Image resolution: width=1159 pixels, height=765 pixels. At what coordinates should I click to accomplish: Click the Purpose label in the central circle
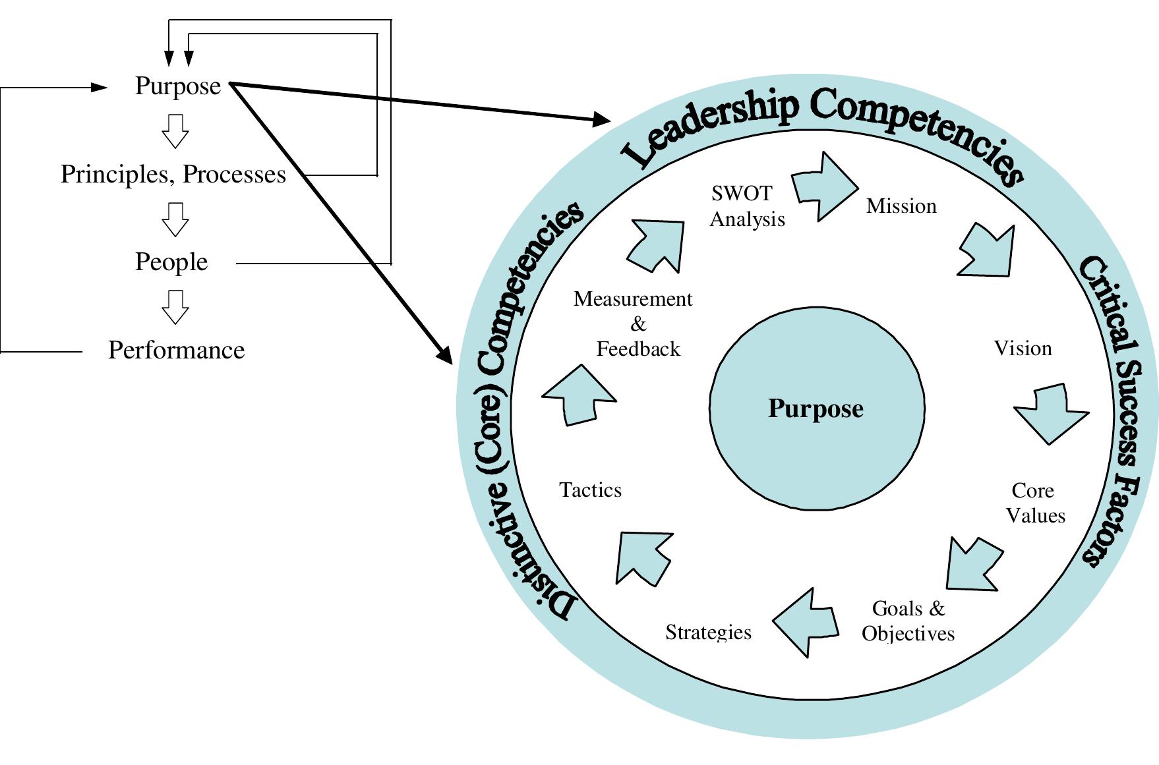pos(816,409)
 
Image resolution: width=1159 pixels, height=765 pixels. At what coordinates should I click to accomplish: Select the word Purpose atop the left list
pos(178,86)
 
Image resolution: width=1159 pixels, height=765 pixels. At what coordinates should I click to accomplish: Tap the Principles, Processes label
pos(173,174)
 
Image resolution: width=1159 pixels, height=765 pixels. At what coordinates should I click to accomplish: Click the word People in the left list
pos(171,262)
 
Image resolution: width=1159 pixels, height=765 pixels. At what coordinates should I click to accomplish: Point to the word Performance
pos(176,350)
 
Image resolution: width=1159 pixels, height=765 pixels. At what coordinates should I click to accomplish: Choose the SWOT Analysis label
pos(747,206)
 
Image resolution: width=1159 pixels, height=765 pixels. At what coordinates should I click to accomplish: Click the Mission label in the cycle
pos(901,206)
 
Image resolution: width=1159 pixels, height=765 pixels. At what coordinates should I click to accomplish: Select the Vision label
pos(1023,348)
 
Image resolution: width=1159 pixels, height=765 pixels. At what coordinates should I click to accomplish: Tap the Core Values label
pos(1034,503)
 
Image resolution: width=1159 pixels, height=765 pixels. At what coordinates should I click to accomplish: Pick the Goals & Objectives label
pos(908,620)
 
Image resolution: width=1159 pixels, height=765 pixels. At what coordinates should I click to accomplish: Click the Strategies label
pos(708,632)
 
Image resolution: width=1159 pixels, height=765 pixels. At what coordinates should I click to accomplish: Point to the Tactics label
pos(590,490)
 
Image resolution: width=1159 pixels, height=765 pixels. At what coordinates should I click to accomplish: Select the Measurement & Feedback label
pos(634,324)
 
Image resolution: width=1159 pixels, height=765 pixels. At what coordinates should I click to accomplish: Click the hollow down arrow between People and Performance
pos(175,307)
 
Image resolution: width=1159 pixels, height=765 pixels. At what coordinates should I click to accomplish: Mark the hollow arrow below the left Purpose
pos(175,130)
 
